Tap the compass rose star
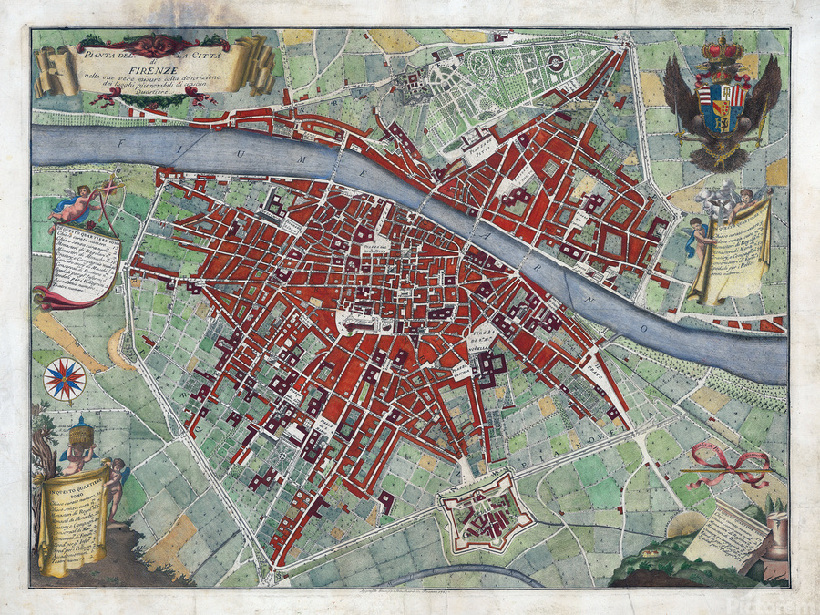[64, 379]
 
